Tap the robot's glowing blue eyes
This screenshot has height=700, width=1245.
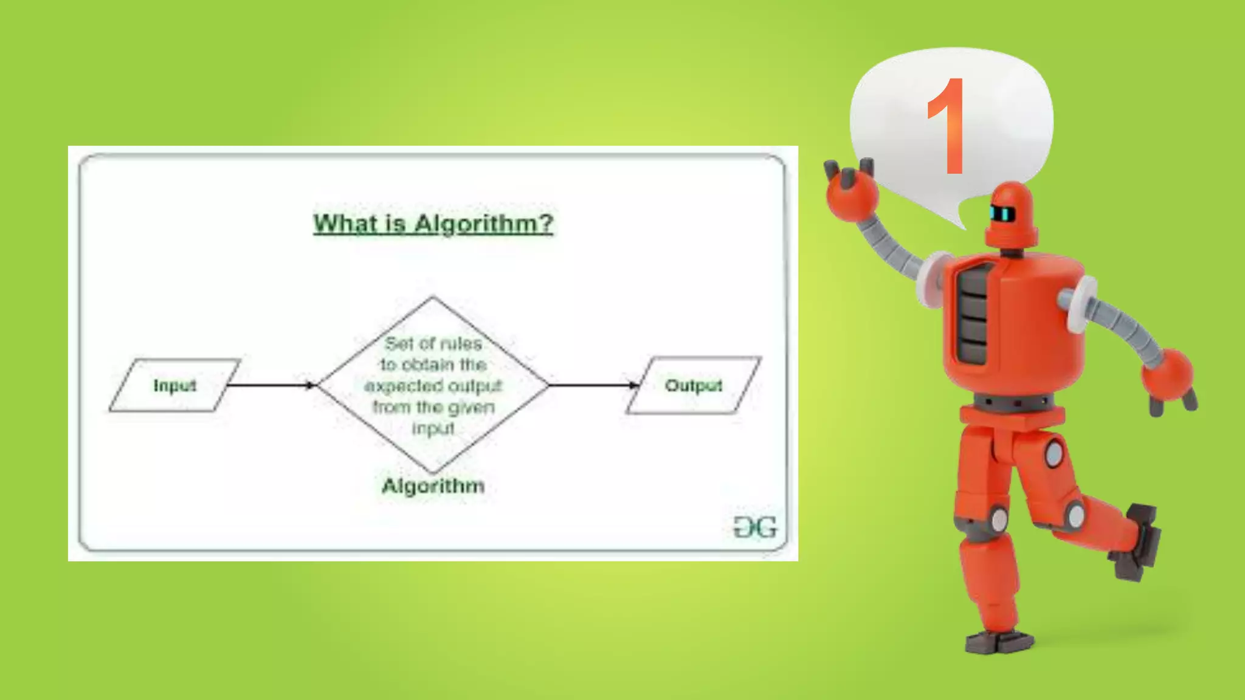tap(1002, 214)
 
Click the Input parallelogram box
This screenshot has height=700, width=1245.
tap(175, 385)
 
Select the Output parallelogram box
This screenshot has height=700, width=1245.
tap(694, 385)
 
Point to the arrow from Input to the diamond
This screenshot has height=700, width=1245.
tap(271, 385)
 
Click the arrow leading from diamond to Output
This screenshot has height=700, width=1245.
tap(593, 385)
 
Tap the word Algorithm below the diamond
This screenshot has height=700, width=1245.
tap(433, 486)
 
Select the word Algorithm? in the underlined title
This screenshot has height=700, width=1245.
tap(484, 224)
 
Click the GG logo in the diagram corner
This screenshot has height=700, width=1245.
tap(755, 527)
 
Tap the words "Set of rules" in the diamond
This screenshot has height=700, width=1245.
tap(433, 343)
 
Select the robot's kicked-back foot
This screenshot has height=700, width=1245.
tap(1137, 541)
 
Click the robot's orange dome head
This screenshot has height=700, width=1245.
tap(1011, 213)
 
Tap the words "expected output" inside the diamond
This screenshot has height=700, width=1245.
tap(433, 386)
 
